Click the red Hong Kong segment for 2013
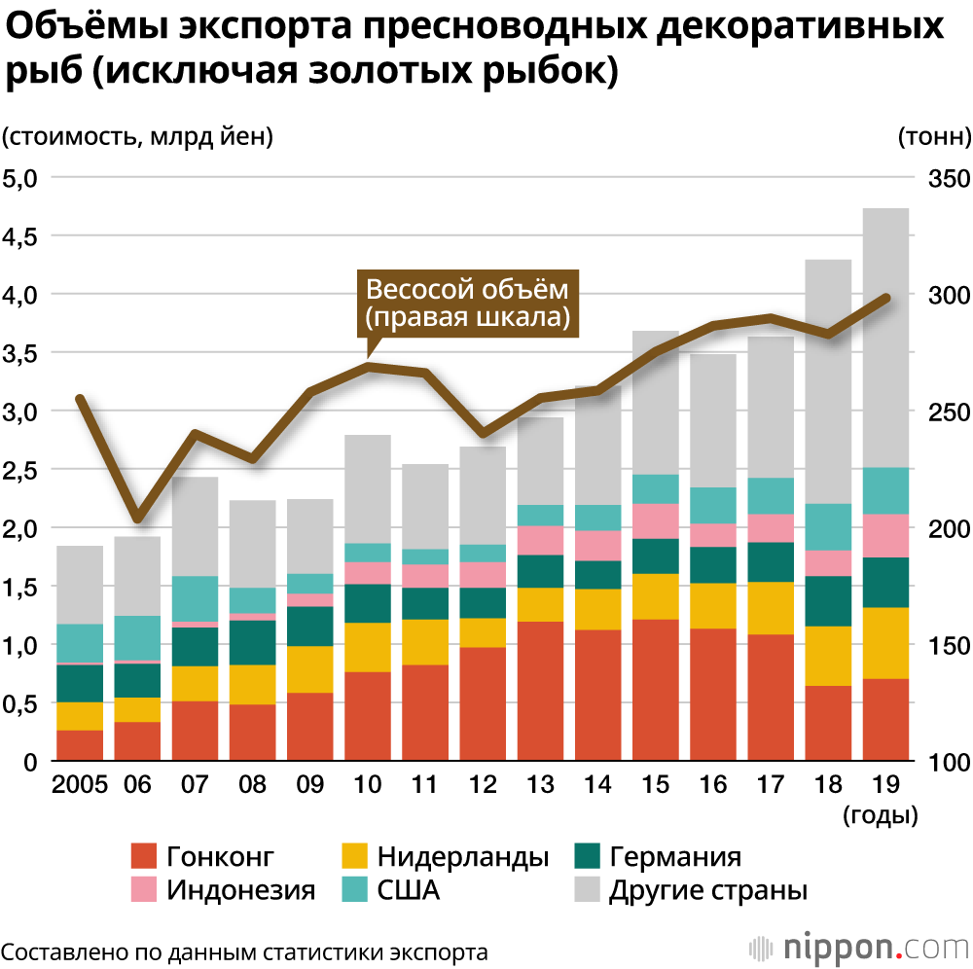(x=541, y=691)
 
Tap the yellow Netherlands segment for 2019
(x=885, y=643)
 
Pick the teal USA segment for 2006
(x=137, y=638)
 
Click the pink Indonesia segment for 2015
(x=656, y=520)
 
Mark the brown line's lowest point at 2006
(x=138, y=517)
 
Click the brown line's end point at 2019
(x=885, y=298)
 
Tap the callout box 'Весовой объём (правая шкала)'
(x=466, y=304)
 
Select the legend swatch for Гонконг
(x=144, y=857)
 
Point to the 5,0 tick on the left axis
(x=19, y=178)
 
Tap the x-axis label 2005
(x=80, y=785)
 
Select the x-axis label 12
(x=484, y=785)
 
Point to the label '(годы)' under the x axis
(x=882, y=815)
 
